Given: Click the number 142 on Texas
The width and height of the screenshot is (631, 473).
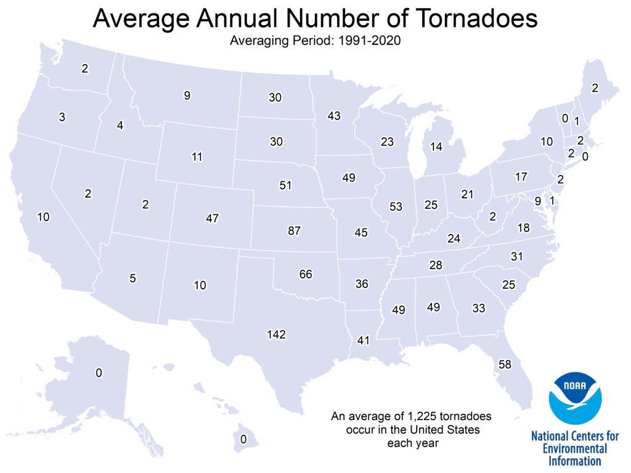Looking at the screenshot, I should [277, 334].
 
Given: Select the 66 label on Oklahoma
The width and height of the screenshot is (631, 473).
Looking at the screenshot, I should [306, 274].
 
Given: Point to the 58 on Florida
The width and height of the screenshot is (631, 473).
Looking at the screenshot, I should [505, 365].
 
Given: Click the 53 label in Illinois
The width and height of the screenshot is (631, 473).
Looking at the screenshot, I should [396, 206].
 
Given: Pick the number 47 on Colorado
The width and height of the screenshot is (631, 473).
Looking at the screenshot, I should [213, 218].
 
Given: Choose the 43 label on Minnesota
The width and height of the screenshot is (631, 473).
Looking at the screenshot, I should [334, 116].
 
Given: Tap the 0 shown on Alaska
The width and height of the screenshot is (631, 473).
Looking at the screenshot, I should [99, 373].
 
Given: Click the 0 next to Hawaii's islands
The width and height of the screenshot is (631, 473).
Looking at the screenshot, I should [243, 439].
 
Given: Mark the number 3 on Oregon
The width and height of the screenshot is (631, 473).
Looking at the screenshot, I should [62, 116].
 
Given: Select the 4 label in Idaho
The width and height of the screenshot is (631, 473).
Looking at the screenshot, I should [120, 126].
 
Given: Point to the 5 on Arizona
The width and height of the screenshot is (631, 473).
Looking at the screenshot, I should [132, 278].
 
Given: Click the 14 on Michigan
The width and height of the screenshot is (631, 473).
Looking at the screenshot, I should [436, 147].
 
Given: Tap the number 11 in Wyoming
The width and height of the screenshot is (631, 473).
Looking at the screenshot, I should [197, 157].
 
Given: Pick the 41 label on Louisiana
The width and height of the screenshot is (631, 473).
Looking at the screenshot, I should [364, 339].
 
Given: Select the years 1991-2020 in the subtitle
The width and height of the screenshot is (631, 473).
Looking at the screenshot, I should [372, 41].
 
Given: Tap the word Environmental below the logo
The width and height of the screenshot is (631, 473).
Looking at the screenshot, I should [575, 448].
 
